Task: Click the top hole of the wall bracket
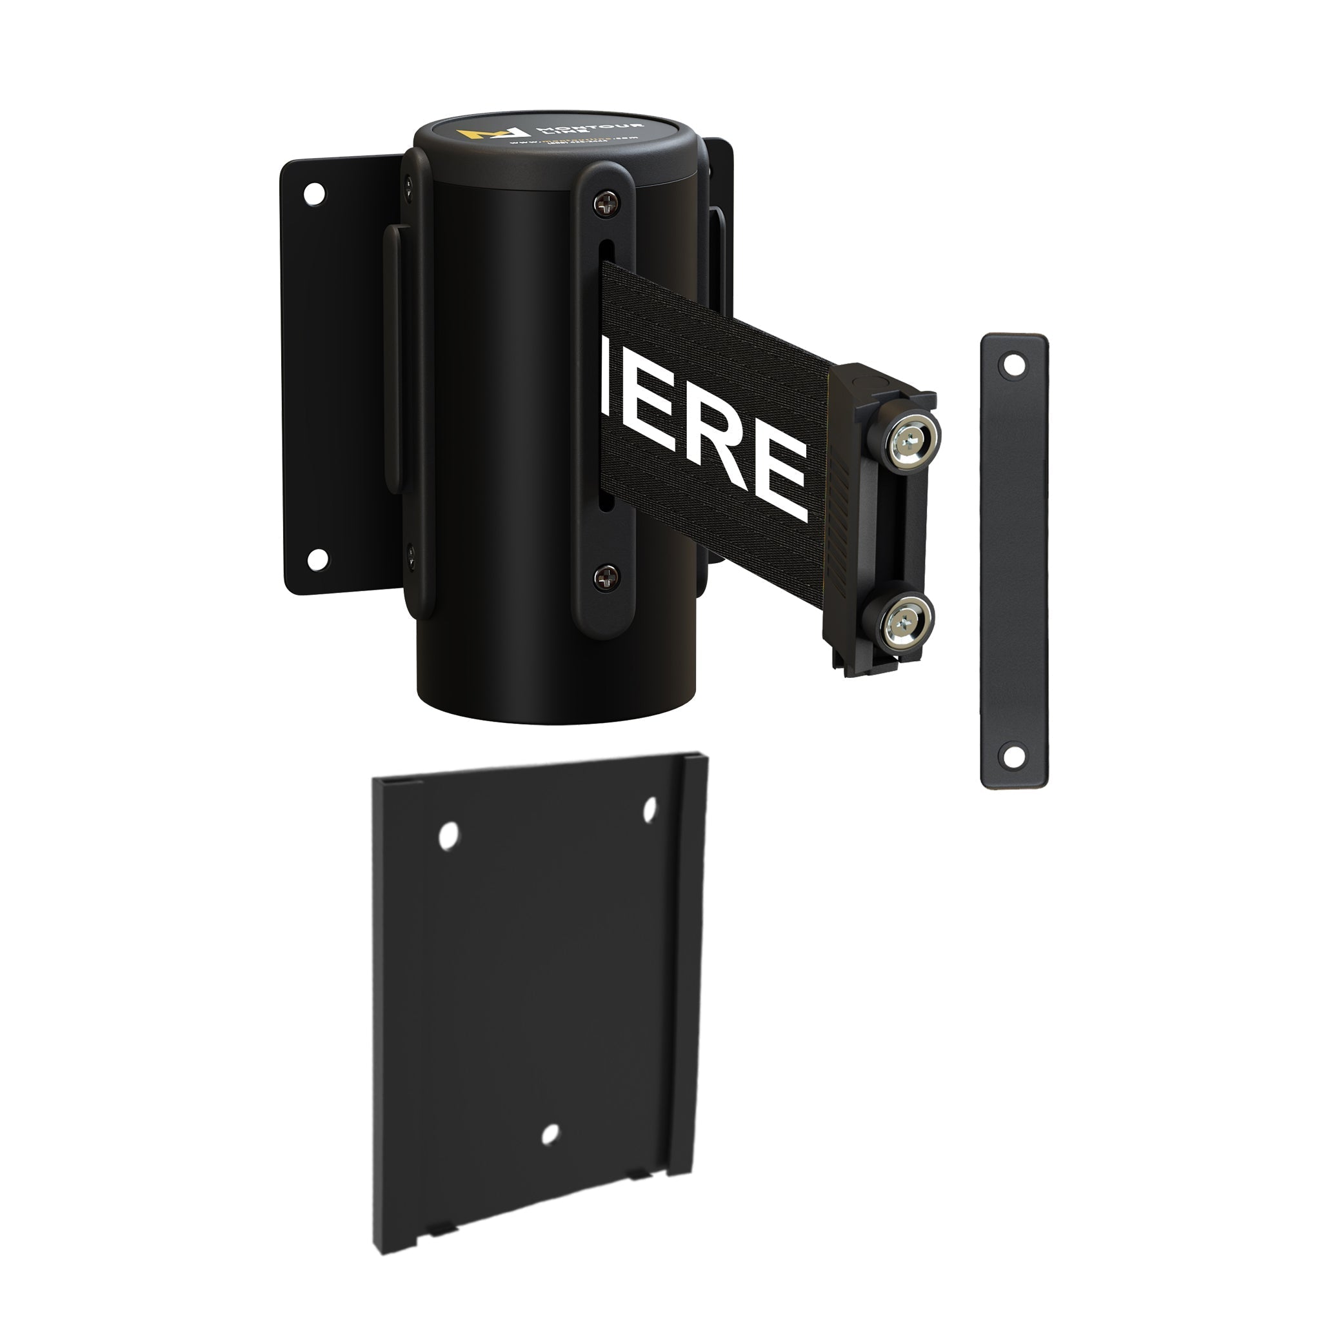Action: click(314, 194)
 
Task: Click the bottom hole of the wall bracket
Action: click(317, 559)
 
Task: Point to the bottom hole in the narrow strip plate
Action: click(1013, 755)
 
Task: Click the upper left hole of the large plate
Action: click(448, 835)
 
